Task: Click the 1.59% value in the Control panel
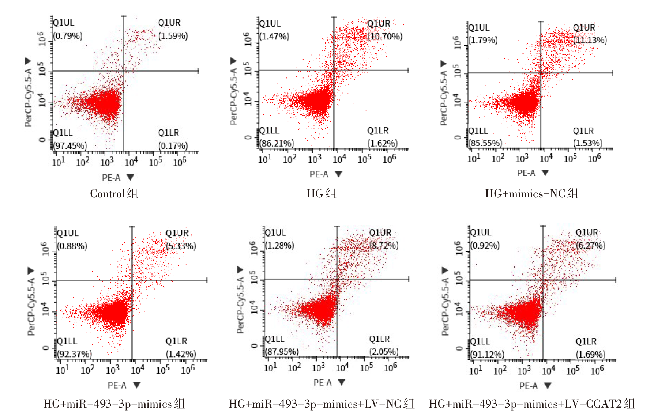(173, 36)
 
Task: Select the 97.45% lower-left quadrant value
(70, 146)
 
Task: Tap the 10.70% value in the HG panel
(385, 37)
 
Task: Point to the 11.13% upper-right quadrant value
(590, 40)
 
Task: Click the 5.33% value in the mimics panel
(181, 246)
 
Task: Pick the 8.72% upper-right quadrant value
(384, 245)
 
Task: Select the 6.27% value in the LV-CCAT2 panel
(590, 245)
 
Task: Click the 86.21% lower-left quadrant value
(277, 143)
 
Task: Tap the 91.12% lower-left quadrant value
(487, 354)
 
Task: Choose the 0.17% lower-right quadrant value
(173, 146)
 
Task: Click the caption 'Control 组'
(114, 193)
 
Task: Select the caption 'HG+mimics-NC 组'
(532, 193)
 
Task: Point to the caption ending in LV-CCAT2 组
(532, 404)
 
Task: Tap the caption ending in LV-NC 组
(322, 404)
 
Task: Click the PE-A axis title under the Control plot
(111, 178)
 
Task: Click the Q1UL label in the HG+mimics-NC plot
(479, 28)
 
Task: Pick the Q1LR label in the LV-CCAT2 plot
(586, 341)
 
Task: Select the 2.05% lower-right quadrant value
(384, 352)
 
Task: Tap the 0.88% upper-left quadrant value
(72, 246)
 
